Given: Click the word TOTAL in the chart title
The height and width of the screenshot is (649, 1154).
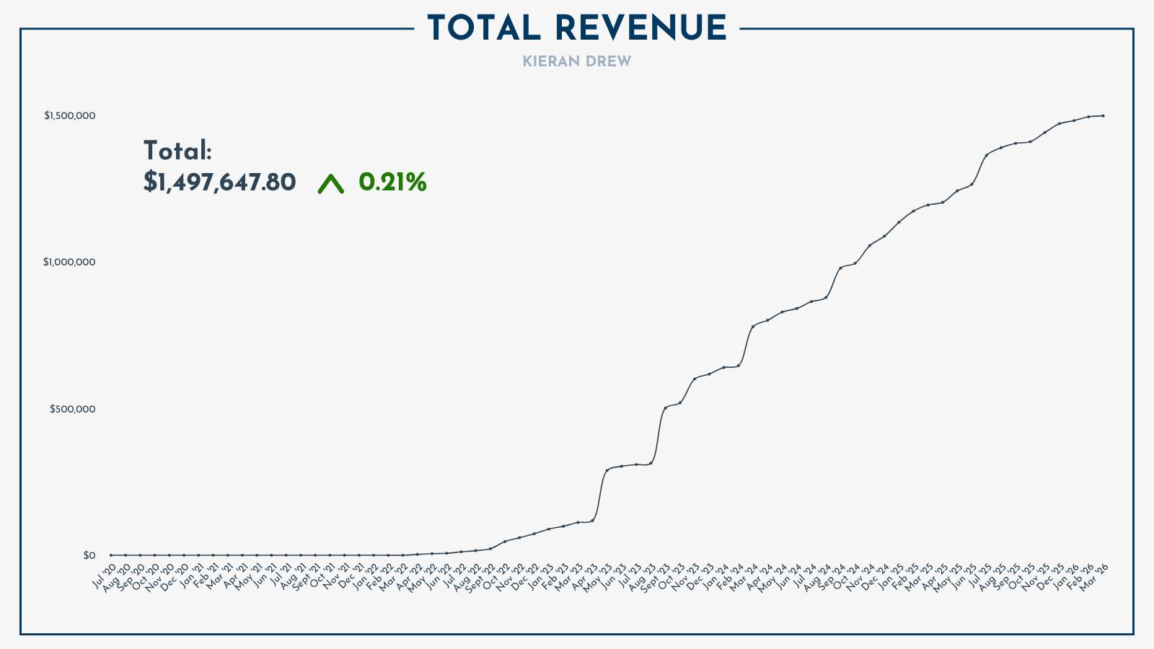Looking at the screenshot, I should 483,29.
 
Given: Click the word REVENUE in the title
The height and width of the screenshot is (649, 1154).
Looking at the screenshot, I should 641,29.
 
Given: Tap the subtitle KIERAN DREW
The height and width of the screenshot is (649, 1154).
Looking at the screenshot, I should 576,62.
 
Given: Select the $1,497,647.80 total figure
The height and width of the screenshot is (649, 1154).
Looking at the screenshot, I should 219,182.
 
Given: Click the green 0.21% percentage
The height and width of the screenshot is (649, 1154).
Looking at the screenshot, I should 392,182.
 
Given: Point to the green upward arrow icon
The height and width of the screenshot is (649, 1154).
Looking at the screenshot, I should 331,184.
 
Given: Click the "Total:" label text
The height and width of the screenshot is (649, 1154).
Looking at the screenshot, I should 177,151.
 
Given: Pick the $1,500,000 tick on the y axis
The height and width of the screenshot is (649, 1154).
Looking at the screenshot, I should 69,115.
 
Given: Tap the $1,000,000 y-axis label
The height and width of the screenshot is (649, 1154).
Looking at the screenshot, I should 69,262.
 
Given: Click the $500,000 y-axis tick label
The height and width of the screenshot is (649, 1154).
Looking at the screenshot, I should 72,409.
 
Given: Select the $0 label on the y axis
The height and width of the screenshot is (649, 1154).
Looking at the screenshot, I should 89,555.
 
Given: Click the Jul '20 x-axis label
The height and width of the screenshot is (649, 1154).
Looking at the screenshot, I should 105,576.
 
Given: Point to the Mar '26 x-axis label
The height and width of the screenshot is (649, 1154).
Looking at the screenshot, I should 1093,576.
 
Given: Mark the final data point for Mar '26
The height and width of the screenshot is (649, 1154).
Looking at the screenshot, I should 1103,115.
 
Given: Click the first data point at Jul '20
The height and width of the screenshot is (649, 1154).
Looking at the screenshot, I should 111,555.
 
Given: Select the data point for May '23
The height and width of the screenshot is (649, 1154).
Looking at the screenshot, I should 607,470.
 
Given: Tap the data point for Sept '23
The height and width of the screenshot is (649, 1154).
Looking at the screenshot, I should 666,408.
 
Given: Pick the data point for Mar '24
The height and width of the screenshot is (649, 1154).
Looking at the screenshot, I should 753,327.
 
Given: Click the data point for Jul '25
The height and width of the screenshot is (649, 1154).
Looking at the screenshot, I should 986,155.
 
